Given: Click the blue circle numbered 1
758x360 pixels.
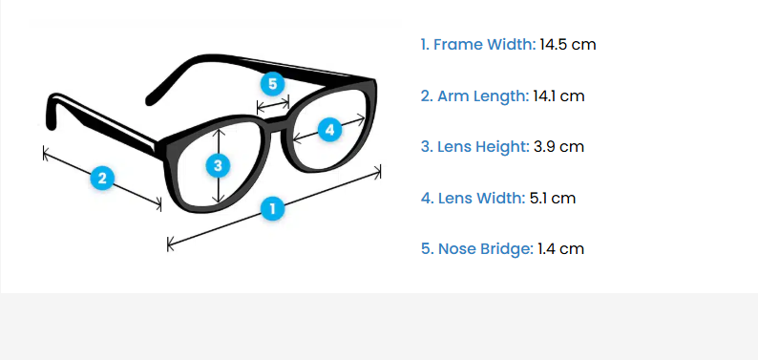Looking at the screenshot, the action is tap(273, 209).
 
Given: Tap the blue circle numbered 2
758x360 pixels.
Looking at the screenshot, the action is tap(102, 179).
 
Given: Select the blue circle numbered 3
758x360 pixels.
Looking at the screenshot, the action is tap(218, 166).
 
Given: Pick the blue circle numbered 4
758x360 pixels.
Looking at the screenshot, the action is tap(329, 130).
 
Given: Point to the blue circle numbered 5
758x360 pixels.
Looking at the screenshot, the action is tap(273, 84).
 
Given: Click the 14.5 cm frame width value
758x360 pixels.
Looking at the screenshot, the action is tap(568, 45).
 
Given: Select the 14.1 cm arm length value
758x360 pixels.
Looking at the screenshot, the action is tap(558, 96).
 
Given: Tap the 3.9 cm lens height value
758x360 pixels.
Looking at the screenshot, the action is tap(558, 146).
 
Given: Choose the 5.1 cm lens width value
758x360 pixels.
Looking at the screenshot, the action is tap(553, 198).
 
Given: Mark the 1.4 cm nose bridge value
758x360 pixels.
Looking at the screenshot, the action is tap(560, 249).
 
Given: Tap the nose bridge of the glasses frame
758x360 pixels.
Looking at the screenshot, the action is tap(273, 121).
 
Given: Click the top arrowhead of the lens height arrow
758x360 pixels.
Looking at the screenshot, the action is tap(220, 131).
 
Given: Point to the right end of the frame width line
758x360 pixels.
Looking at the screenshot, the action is tap(381, 171).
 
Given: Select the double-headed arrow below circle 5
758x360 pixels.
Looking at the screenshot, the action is tap(273, 104).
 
